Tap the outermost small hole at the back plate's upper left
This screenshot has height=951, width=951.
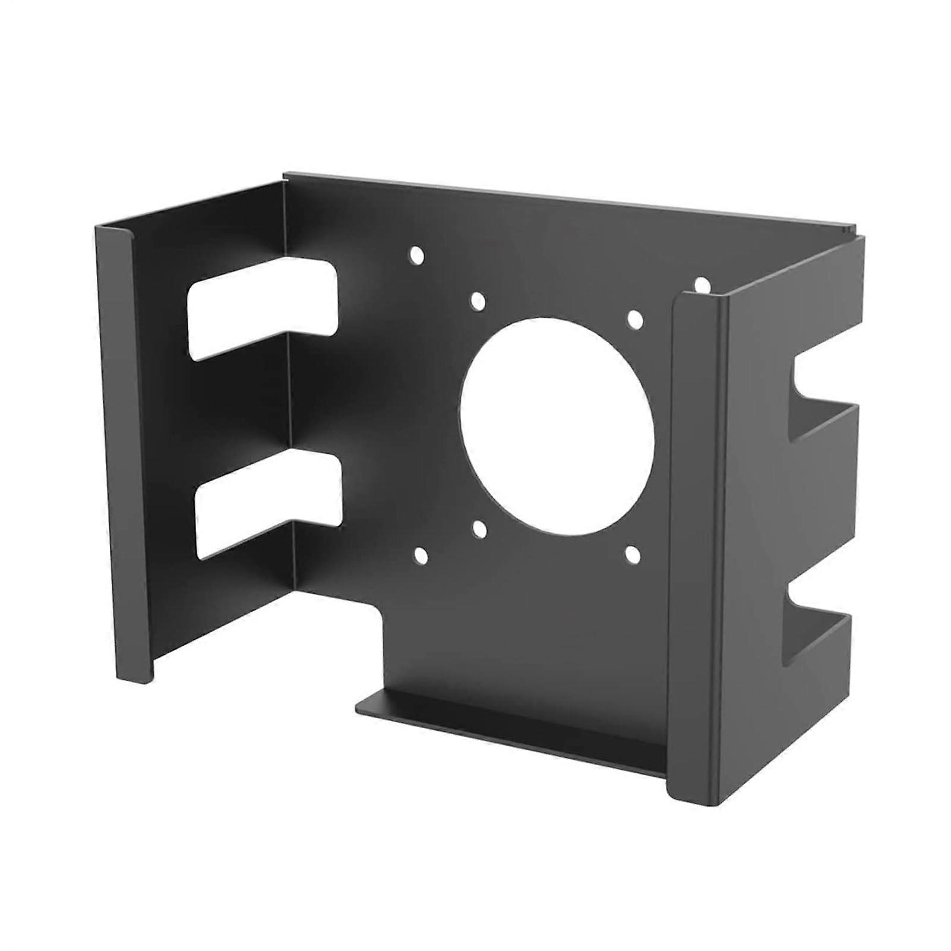(x=417, y=255)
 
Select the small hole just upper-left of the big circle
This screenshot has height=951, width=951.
(x=478, y=301)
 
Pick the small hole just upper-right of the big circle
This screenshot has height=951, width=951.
(x=634, y=320)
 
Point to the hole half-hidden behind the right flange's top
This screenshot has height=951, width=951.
(x=702, y=284)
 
